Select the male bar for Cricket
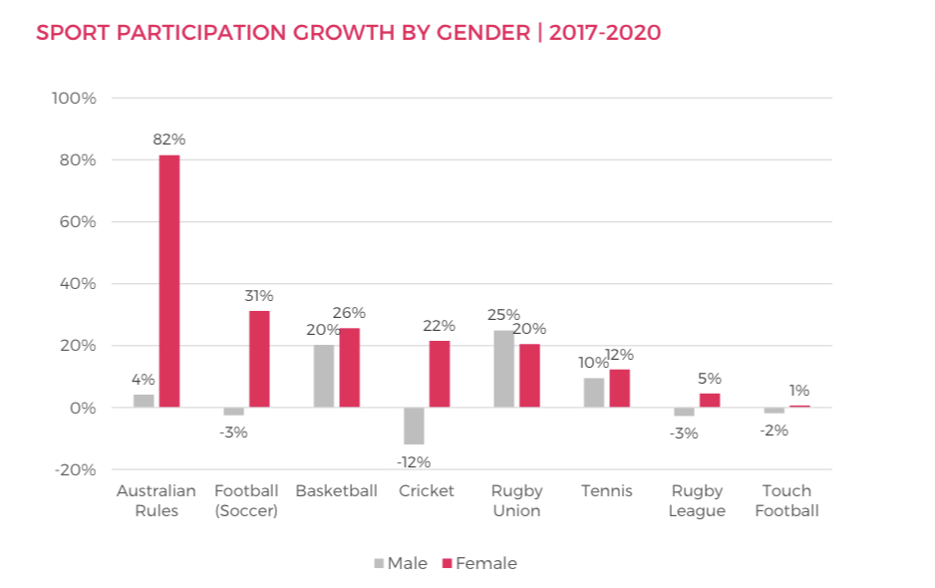(414, 426)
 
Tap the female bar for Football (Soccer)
(259, 359)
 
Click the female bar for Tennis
(620, 388)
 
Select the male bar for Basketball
(324, 376)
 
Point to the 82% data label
(169, 140)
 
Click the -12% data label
(414, 461)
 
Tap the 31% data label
(259, 296)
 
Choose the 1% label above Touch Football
(799, 391)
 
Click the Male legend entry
(401, 563)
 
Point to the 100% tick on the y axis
(75, 99)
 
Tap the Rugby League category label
(697, 500)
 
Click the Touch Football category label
(786, 500)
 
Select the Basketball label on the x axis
(336, 491)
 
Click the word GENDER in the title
(483, 33)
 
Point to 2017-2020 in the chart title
(604, 33)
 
